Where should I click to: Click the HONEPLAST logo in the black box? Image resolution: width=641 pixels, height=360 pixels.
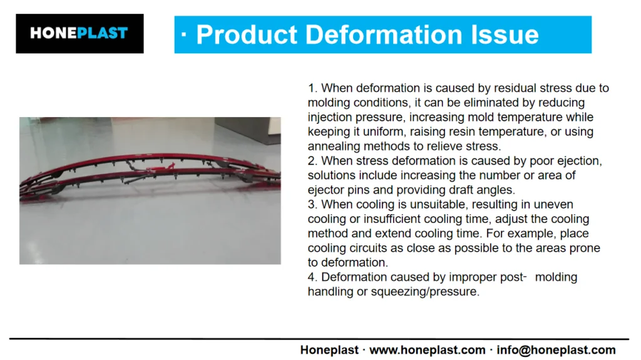click(x=79, y=33)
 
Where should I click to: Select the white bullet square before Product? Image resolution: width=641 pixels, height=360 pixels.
click(x=183, y=35)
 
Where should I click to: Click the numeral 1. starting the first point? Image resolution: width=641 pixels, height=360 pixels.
click(x=313, y=88)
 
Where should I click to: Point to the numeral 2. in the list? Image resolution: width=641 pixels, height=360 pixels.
click(x=313, y=161)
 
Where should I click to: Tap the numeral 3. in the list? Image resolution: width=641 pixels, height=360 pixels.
click(x=313, y=204)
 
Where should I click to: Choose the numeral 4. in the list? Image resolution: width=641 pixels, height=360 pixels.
click(x=313, y=277)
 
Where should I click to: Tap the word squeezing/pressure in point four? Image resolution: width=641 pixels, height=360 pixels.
click(x=425, y=292)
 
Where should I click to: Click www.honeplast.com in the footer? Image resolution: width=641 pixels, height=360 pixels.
click(x=427, y=350)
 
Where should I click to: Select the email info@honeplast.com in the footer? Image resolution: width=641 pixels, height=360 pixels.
click(x=556, y=350)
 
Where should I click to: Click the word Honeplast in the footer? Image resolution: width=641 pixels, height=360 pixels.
click(x=329, y=350)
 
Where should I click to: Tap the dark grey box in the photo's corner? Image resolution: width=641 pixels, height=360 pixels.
click(x=248, y=130)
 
